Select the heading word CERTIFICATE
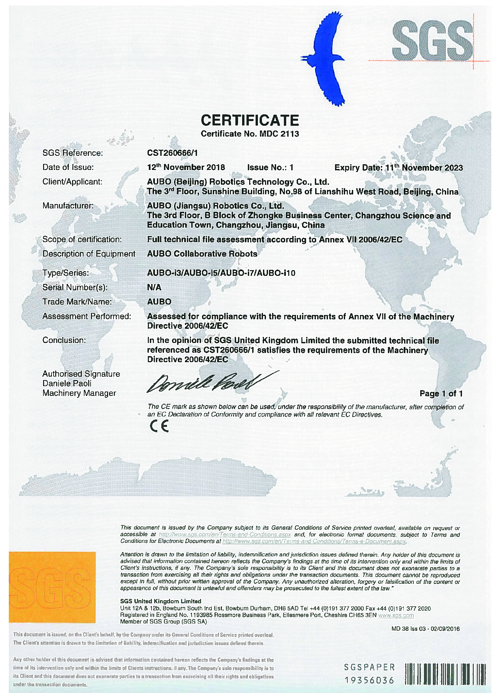click(250, 120)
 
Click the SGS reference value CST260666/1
click(172, 153)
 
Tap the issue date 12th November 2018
click(186, 167)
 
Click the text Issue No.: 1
click(270, 168)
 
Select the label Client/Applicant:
click(72, 182)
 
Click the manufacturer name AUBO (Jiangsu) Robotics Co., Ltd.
click(216, 206)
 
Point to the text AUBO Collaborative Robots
click(202, 254)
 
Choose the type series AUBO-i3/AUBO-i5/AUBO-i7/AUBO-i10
click(221, 273)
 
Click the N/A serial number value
click(154, 287)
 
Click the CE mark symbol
click(159, 427)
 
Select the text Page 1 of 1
click(441, 394)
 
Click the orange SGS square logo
click(52, 587)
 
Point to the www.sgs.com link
click(396, 615)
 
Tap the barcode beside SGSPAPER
click(445, 674)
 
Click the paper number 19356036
click(369, 680)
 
